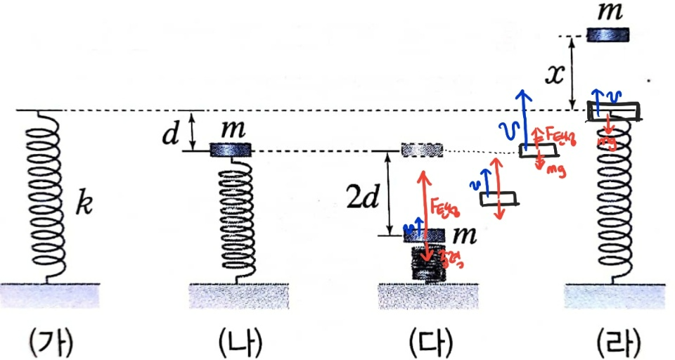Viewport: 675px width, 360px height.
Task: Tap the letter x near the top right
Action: coord(555,74)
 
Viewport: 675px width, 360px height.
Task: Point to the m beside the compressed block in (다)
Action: coord(463,233)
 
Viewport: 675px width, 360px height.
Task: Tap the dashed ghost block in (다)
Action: coord(421,150)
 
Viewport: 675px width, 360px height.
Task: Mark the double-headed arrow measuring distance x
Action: coord(573,72)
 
